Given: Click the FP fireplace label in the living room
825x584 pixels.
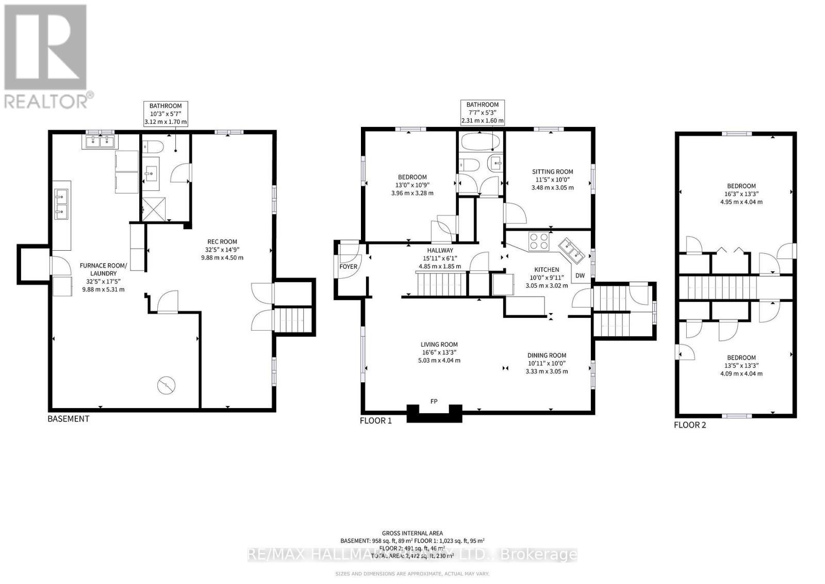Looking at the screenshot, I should (434, 401).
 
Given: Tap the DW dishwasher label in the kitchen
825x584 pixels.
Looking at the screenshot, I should (580, 275).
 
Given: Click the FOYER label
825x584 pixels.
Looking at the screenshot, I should (348, 267).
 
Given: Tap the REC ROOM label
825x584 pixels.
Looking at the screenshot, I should (222, 241).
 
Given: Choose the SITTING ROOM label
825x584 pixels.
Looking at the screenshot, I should (552, 172).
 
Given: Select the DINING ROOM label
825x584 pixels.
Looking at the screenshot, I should (547, 355).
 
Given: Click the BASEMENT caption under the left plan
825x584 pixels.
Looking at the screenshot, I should (68, 419).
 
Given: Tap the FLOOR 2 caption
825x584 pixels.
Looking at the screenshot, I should (690, 425).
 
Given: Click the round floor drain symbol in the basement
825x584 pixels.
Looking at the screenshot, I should (166, 385).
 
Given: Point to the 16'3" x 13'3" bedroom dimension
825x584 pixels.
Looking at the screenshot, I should (741, 194).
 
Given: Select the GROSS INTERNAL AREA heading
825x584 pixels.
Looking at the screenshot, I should (412, 533).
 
